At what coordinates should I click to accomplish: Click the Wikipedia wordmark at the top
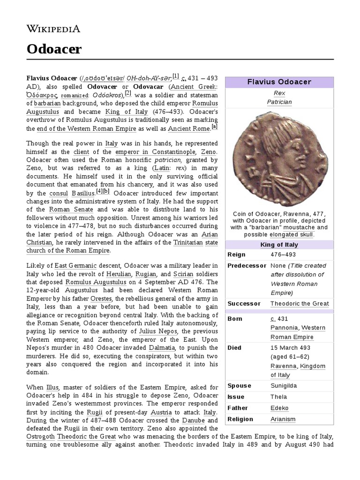[x=52, y=28]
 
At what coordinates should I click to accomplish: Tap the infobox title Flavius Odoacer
[x=279, y=82]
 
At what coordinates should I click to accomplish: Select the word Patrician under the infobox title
[x=279, y=102]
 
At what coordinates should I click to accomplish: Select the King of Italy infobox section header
[x=279, y=245]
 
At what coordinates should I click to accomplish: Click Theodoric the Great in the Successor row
[x=300, y=303]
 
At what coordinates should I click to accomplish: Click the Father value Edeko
[x=280, y=408]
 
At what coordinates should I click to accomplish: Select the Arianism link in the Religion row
[x=283, y=419]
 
